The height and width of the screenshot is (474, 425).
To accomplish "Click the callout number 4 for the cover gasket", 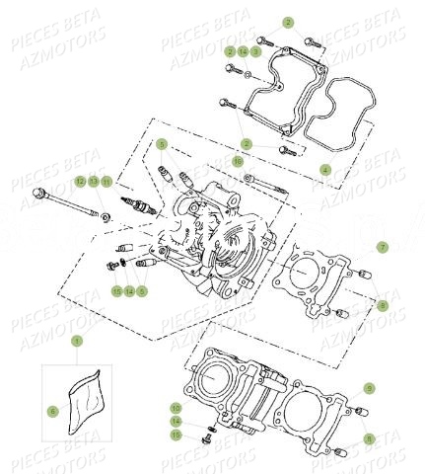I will tap(325, 170).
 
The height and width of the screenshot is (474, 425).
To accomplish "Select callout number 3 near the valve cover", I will tap(256, 50).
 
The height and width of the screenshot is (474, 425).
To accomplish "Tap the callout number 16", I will tap(238, 160).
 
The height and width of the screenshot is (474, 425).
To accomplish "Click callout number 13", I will tap(94, 182).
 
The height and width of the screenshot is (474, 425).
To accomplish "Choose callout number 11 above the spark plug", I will tap(106, 182).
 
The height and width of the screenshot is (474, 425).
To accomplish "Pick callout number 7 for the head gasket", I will tap(383, 246).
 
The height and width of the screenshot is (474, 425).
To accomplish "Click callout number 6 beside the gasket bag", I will tap(52, 410).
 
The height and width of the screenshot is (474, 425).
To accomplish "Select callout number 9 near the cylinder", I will tap(369, 388).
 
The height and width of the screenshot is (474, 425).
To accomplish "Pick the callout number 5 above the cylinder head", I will tap(163, 144).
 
